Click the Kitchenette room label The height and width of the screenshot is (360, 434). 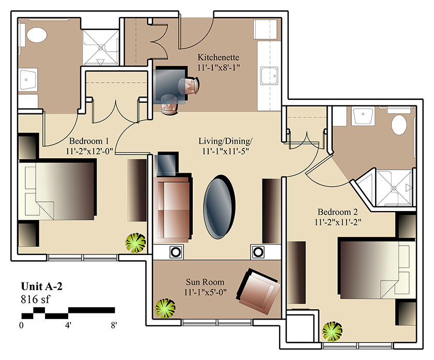pyautogui.click(x=219, y=57)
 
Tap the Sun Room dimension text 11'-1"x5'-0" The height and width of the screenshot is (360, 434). pyautogui.click(x=206, y=292)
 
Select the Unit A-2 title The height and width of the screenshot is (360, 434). pyautogui.click(x=42, y=286)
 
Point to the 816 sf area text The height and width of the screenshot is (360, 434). pyautogui.click(x=36, y=299)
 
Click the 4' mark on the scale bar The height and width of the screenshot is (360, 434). pyautogui.click(x=68, y=325)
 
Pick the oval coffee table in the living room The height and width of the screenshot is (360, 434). pyautogui.click(x=219, y=207)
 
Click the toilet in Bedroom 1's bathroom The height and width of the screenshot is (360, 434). pyautogui.click(x=37, y=35)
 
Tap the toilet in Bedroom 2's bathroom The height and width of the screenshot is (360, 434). pyautogui.click(x=399, y=125)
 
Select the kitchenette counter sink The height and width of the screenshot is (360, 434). pyautogui.click(x=269, y=76)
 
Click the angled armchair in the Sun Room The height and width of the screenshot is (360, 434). pyautogui.click(x=258, y=291)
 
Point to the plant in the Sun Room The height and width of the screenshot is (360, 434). pyautogui.click(x=165, y=308)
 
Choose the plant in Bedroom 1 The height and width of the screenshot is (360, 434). pyautogui.click(x=135, y=243)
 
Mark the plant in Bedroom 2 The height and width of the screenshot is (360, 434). pyautogui.click(x=332, y=332)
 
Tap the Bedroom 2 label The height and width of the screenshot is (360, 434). pyautogui.click(x=338, y=212)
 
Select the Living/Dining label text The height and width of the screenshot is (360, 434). pyautogui.click(x=225, y=141)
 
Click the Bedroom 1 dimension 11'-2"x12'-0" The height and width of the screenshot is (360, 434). pyautogui.click(x=89, y=152)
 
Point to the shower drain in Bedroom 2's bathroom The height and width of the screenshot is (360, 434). pyautogui.click(x=394, y=188)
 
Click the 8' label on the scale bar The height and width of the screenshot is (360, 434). pyautogui.click(x=114, y=325)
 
